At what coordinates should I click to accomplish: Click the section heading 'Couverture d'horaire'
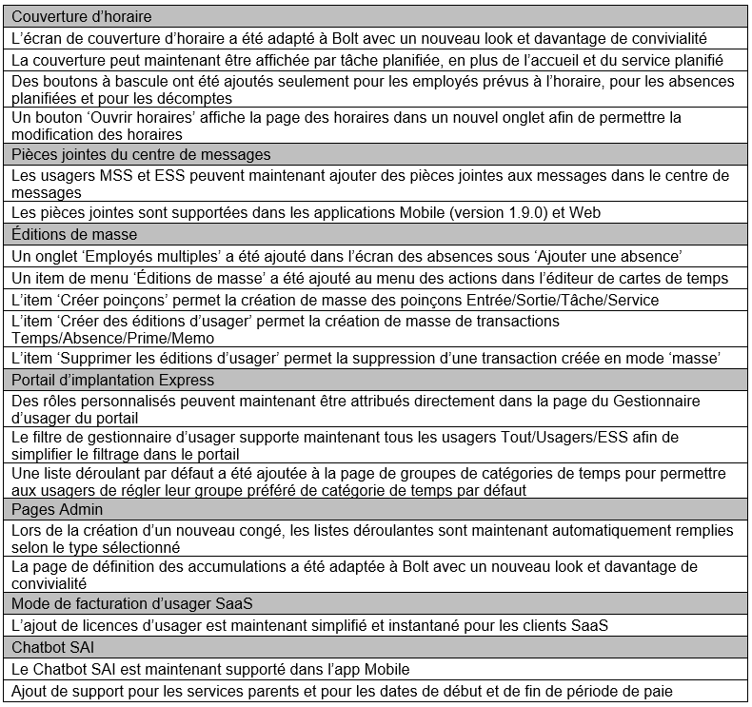pyautogui.click(x=82, y=17)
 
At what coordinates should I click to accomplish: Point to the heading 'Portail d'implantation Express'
pyautogui.click(x=113, y=380)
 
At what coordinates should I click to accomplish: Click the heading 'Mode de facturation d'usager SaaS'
pyautogui.click(x=132, y=603)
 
